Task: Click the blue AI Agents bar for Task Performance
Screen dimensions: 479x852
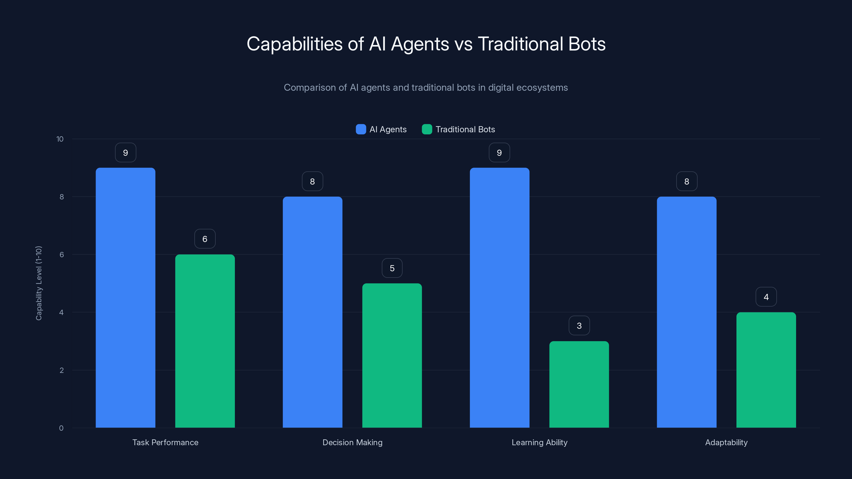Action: pyautogui.click(x=125, y=298)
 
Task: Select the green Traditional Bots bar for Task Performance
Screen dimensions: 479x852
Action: pyautogui.click(x=205, y=341)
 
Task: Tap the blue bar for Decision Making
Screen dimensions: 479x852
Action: pyautogui.click(x=312, y=312)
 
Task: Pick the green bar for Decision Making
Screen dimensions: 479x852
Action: pyautogui.click(x=392, y=355)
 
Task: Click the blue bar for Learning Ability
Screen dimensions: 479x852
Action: pyautogui.click(x=499, y=298)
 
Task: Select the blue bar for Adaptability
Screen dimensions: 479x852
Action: pyautogui.click(x=687, y=312)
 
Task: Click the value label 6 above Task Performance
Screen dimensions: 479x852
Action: pyautogui.click(x=205, y=239)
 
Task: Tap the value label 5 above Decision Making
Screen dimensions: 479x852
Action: pyautogui.click(x=392, y=268)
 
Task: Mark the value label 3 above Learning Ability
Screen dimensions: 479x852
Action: pyautogui.click(x=579, y=326)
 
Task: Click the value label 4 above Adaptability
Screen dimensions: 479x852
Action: pyautogui.click(x=766, y=297)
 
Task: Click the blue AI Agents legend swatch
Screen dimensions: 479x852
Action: pyautogui.click(x=361, y=129)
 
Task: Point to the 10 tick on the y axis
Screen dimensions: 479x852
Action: pyautogui.click(x=60, y=139)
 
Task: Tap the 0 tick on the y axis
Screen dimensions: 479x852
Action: pyautogui.click(x=61, y=428)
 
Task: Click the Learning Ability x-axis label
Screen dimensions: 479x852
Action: pyautogui.click(x=539, y=442)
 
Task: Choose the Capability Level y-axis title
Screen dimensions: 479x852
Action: pyautogui.click(x=39, y=283)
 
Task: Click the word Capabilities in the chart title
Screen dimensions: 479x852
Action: pyautogui.click(x=294, y=44)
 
